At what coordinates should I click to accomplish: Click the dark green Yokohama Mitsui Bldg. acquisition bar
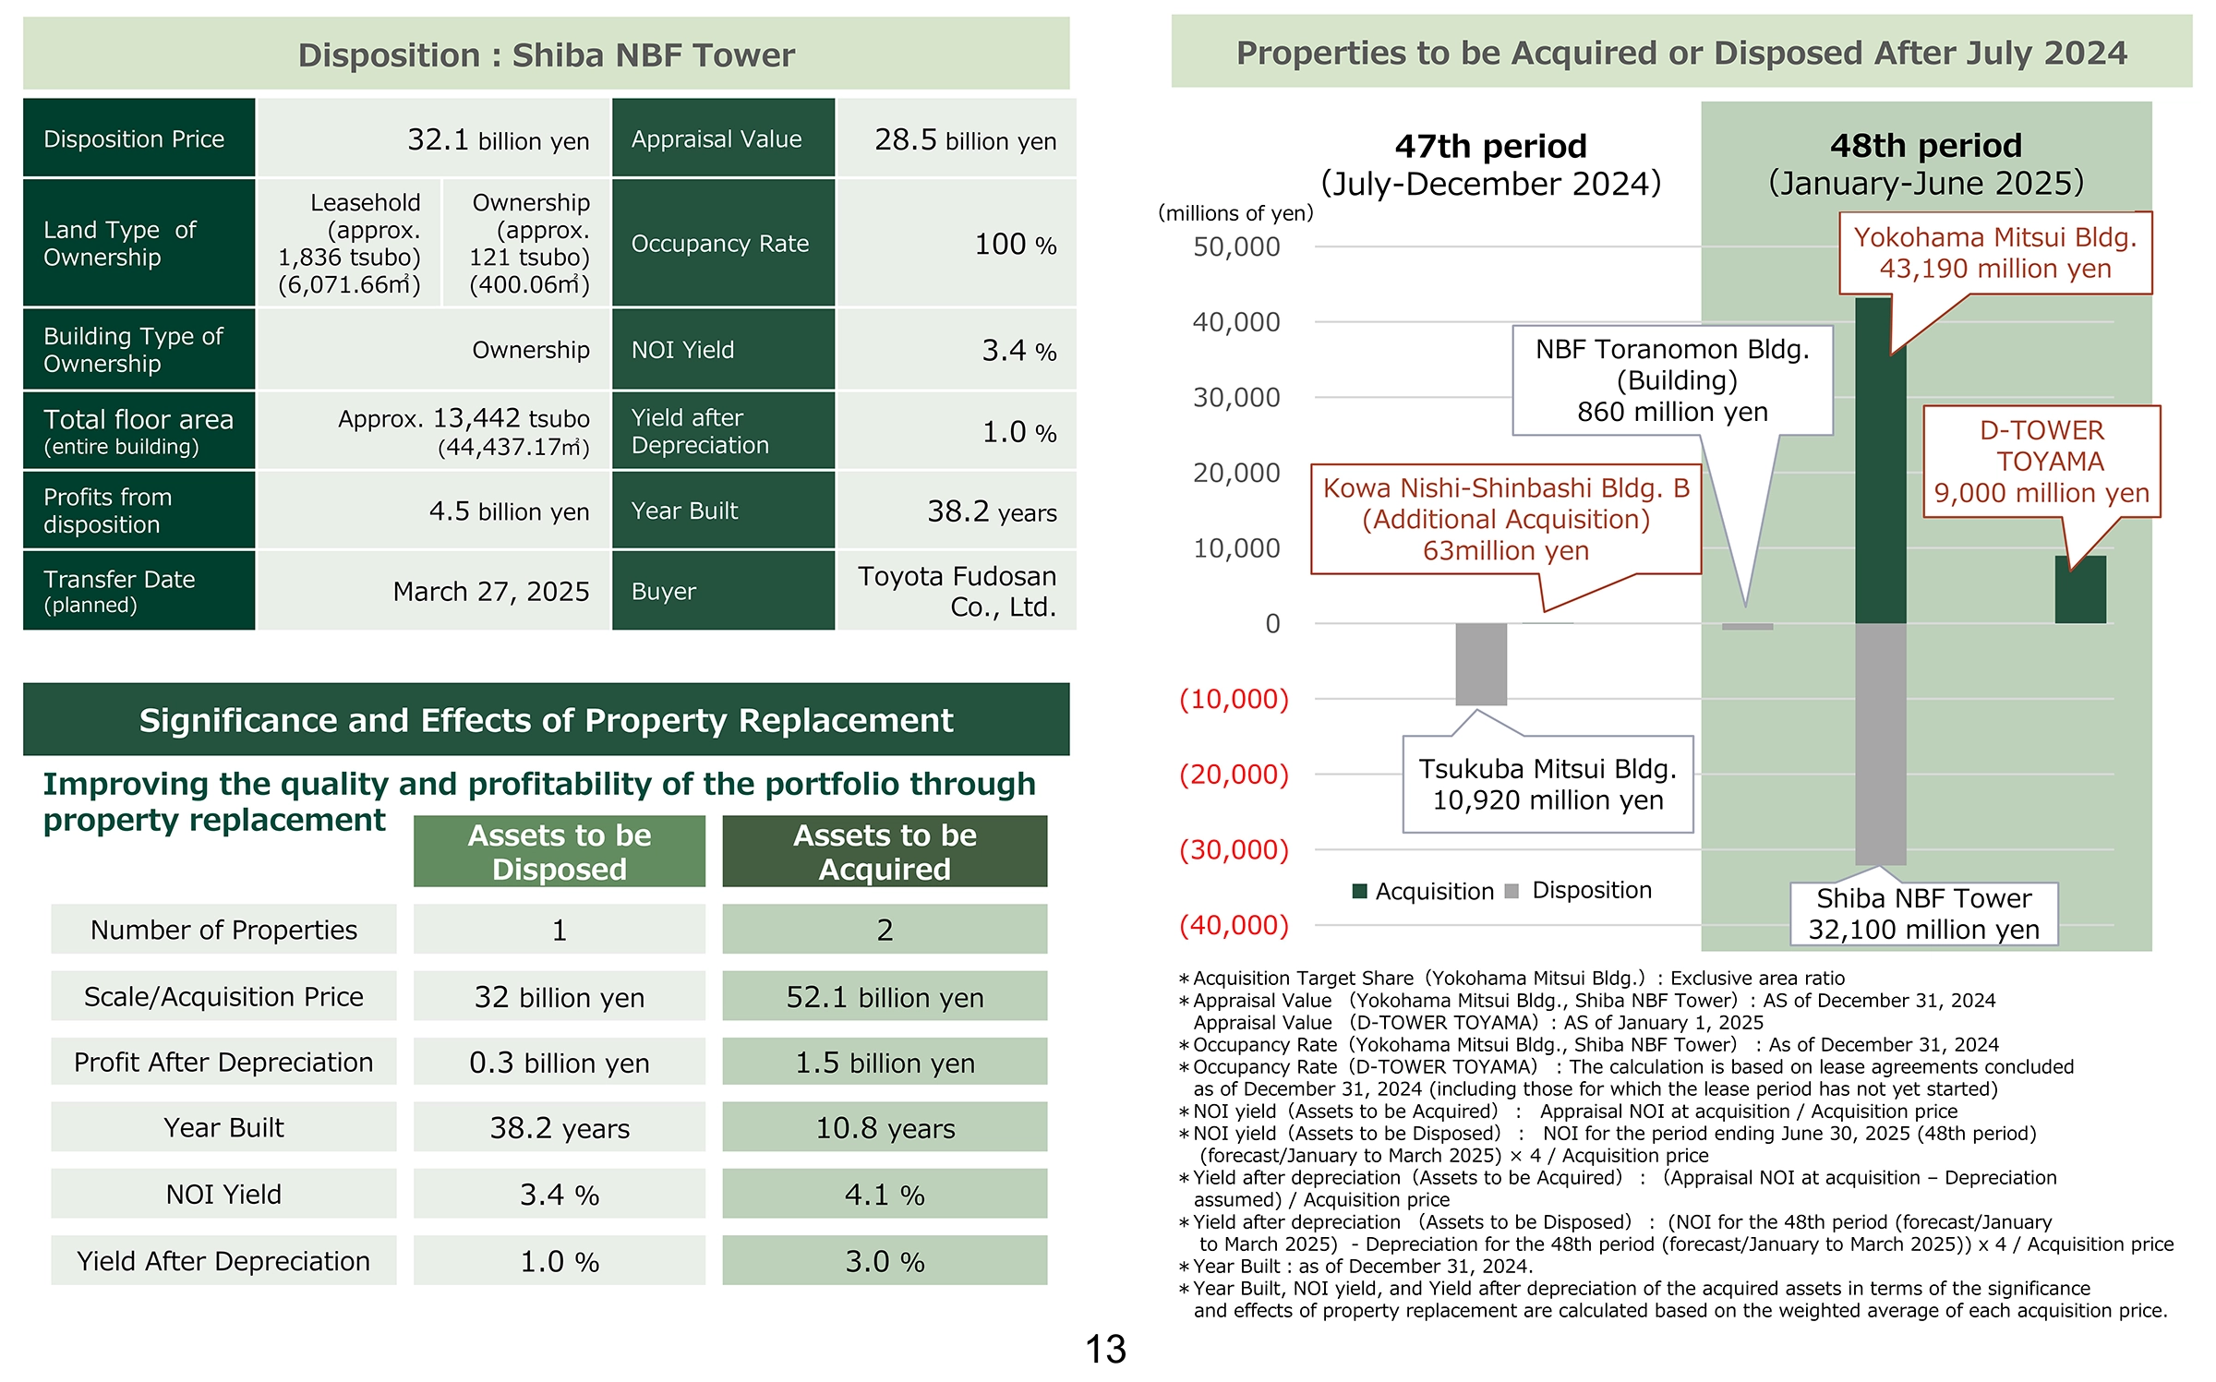(x=1880, y=460)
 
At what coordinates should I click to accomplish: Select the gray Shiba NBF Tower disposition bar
(x=1880, y=744)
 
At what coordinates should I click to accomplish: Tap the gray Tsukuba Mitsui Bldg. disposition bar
(x=1481, y=665)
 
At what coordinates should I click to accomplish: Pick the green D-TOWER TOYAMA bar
(x=2080, y=589)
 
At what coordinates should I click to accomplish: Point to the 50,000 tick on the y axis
(x=1236, y=246)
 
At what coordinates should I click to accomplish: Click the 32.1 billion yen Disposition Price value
(x=498, y=139)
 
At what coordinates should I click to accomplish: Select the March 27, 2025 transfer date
(x=491, y=591)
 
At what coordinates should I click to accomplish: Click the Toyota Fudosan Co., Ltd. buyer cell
(x=957, y=591)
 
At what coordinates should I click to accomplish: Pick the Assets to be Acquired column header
(x=885, y=851)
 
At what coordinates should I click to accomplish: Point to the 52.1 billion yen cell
(x=885, y=997)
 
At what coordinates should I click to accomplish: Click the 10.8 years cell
(x=885, y=1127)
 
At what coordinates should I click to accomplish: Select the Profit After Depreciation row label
(x=223, y=1063)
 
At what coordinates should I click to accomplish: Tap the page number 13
(x=1105, y=1349)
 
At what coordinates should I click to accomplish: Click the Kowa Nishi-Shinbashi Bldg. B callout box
(x=1506, y=519)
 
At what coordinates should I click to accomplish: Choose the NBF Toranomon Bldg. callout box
(x=1672, y=380)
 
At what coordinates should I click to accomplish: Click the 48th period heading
(x=1926, y=146)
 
